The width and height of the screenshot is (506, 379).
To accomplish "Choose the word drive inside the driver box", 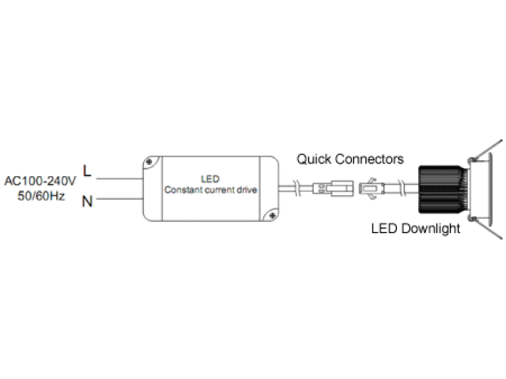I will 248,191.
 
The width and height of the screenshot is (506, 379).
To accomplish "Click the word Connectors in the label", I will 365,159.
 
